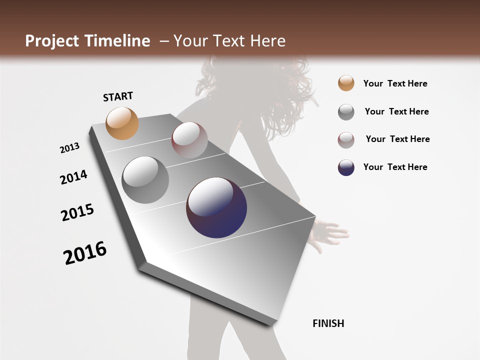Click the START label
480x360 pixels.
tap(118, 96)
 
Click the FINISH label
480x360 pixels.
tap(328, 323)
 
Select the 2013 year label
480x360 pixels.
tap(69, 148)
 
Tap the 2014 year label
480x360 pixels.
tap(73, 177)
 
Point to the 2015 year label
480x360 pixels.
tap(77, 212)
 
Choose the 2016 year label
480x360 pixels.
tap(85, 253)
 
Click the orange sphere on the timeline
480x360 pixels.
tap(122, 123)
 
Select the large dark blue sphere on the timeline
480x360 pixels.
tap(216, 207)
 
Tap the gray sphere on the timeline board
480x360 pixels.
tap(145, 180)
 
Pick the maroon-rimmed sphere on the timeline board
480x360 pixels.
tap(189, 140)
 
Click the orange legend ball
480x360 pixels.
tap(346, 83)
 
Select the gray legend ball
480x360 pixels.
tap(346, 112)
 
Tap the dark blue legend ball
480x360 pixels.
tap(346, 167)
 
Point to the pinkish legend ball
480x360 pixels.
tap(346, 140)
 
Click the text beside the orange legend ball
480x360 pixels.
tap(395, 83)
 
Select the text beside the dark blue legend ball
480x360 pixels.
tap(395, 167)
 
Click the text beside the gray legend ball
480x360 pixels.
tap(396, 111)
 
